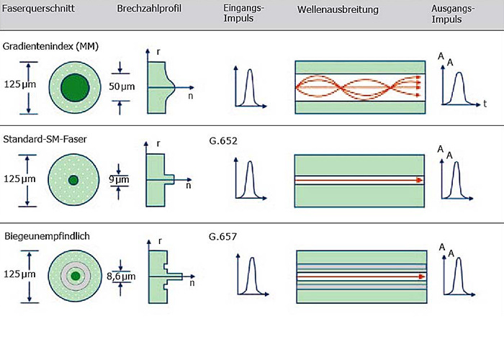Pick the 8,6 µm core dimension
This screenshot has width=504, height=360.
[120, 276]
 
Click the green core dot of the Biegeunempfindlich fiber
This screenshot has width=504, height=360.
[74, 276]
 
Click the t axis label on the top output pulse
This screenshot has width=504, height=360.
[485, 104]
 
